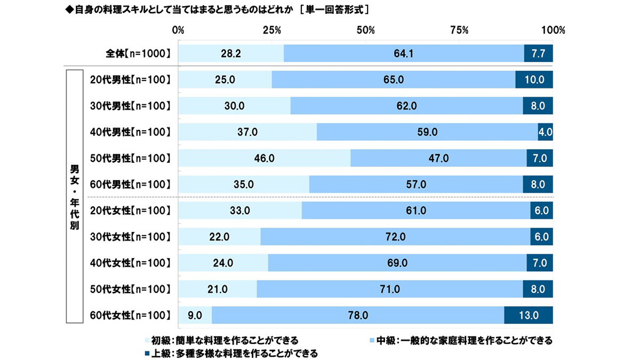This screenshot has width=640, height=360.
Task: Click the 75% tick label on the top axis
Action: click(x=459, y=30)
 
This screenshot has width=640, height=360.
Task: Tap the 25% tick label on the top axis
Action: click(x=272, y=30)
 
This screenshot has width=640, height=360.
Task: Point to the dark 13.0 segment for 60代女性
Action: click(x=529, y=315)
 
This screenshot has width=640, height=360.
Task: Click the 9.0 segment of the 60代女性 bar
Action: click(x=195, y=315)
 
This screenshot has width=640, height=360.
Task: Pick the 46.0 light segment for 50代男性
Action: click(x=264, y=158)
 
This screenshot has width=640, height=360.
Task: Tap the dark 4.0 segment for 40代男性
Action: click(x=545, y=132)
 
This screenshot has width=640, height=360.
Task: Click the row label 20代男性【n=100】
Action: click(x=130, y=80)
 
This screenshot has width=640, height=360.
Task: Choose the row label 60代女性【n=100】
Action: click(x=130, y=315)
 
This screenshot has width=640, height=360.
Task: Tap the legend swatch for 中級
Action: click(x=372, y=340)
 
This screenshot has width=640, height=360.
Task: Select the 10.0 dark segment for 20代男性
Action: click(x=534, y=80)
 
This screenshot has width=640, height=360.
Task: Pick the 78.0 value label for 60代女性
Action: click(x=358, y=315)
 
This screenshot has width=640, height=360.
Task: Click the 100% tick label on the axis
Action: click(x=553, y=30)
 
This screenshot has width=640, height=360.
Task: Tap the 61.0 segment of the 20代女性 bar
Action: click(x=416, y=211)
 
